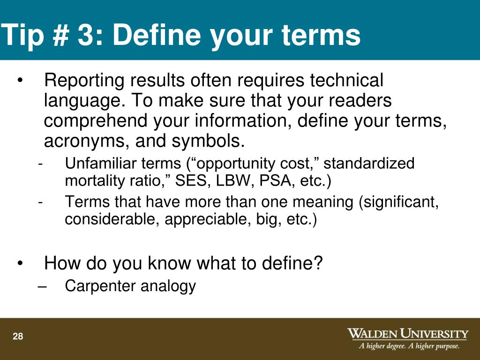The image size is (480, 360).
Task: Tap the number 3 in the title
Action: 85,36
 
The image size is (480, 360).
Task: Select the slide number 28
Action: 18,337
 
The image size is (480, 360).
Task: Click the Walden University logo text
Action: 407,334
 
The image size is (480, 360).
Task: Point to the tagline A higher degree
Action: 382,346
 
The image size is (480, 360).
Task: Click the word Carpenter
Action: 98,285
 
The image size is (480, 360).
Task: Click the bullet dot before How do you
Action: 20,263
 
